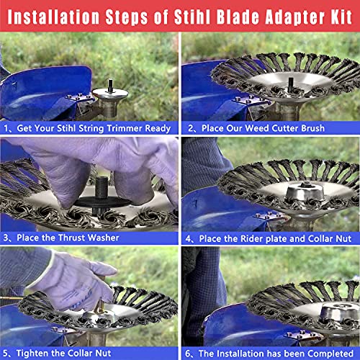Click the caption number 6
189,352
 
